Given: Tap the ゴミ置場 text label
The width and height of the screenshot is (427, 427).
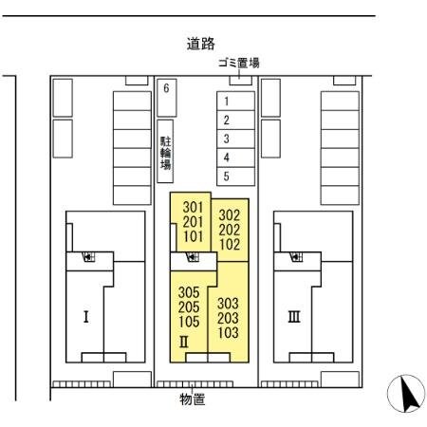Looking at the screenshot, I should coord(238,63).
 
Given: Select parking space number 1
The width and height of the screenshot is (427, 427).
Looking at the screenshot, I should coord(226,101).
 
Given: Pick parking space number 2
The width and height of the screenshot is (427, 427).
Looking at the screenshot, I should coord(226,120).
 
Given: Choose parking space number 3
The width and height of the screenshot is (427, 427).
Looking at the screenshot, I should coord(226,139).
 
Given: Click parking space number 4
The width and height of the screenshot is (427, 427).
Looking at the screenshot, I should coord(226,158).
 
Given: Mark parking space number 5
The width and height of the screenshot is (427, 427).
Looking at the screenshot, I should coord(226,176).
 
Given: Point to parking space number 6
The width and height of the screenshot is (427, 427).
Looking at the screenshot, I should coord(166,89).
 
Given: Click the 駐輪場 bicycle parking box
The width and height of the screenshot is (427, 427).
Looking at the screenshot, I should coord(166,152).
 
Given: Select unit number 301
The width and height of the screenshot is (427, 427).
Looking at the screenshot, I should coord(193,208).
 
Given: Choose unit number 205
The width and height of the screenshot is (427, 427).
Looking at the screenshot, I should coord(188,307).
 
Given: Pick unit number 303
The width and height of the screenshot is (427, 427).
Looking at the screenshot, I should coord(228,304).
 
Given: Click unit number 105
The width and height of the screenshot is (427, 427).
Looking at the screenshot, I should coord(188,322).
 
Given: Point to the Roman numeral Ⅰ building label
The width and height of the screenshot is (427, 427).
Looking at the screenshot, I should coord(86,316).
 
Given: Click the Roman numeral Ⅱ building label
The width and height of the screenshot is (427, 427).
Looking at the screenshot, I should coord(187,341).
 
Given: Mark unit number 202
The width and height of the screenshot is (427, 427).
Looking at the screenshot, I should coord(230,229).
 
